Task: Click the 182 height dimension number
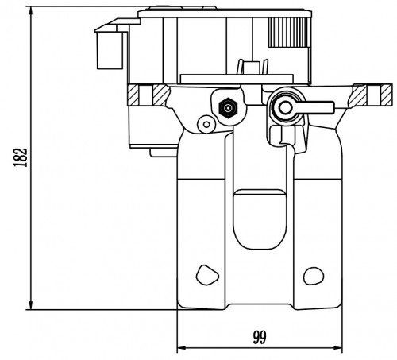tap(21, 157)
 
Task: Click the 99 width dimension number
tap(260, 337)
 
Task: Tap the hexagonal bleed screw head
tap(228, 108)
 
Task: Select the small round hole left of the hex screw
tap(206, 124)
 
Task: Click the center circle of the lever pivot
tap(285, 107)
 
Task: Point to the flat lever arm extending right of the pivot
tap(315, 107)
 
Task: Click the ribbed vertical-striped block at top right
tap(289, 33)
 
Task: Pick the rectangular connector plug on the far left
tap(110, 50)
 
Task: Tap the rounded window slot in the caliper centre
tap(260, 219)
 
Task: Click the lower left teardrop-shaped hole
tap(207, 275)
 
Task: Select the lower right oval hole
tap(314, 276)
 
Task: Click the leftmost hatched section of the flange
tap(133, 95)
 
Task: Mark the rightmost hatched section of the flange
tap(387, 95)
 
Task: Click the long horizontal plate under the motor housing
tap(237, 79)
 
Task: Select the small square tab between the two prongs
tap(252, 68)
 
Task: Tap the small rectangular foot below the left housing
tap(164, 153)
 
